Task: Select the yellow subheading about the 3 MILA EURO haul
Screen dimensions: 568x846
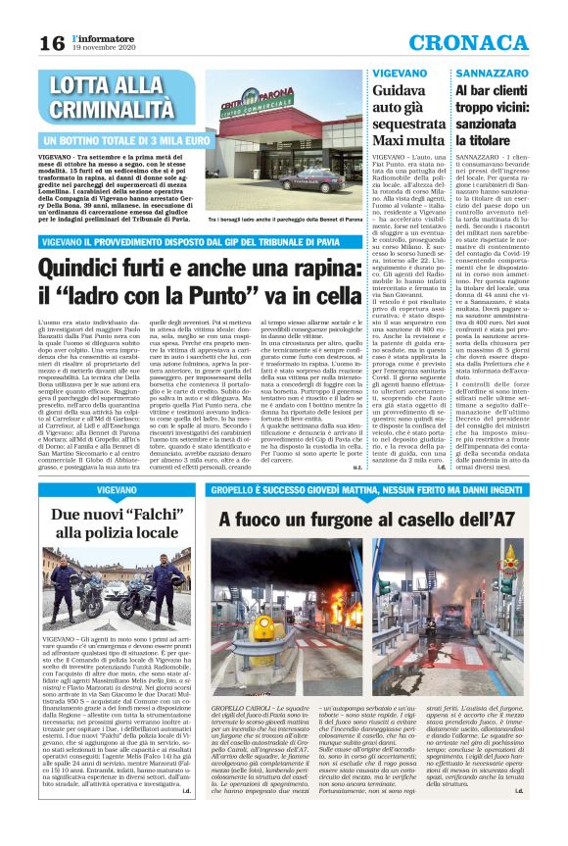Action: [x=126, y=140]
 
